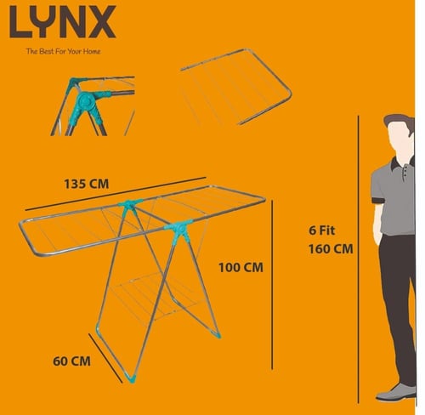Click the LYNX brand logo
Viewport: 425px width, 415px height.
tap(63, 21)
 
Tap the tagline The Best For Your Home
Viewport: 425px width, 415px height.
tap(63, 51)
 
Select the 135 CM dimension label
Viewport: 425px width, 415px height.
tap(87, 184)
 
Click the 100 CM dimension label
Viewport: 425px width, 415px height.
tap(241, 267)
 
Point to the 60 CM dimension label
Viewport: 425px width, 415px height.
tap(71, 361)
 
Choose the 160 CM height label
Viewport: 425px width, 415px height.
tap(331, 249)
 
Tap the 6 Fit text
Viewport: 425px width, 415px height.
tap(322, 230)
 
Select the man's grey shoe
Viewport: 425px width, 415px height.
tap(396, 393)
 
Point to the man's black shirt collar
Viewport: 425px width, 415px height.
tap(402, 163)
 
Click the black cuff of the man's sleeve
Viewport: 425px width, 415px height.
tap(378, 201)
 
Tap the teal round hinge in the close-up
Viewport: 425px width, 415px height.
tap(86, 100)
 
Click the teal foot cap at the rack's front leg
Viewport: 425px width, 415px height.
tap(131, 378)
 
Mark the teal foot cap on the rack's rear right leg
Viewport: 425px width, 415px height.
tap(218, 335)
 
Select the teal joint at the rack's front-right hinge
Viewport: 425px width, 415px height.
tap(178, 229)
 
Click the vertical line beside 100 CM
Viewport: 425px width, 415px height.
tap(272, 285)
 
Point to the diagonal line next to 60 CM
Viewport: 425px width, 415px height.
tap(105, 358)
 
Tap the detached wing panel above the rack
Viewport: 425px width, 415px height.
tap(236, 88)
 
